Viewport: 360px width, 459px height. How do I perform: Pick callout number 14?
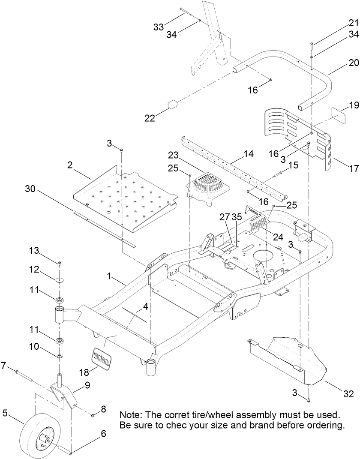249,153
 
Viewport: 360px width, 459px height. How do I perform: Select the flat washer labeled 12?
59,280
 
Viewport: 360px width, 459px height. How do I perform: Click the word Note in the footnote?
131,415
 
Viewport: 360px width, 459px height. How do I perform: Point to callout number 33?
159,27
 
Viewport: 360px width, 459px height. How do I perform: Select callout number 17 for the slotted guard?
353,168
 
